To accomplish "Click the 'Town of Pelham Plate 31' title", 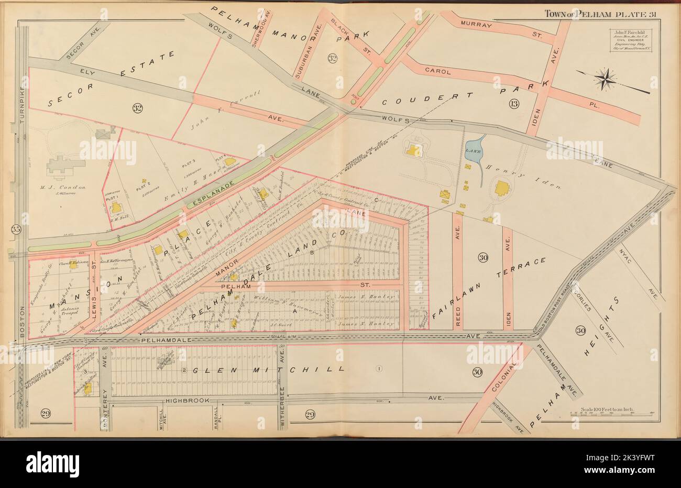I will click(603, 14).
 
